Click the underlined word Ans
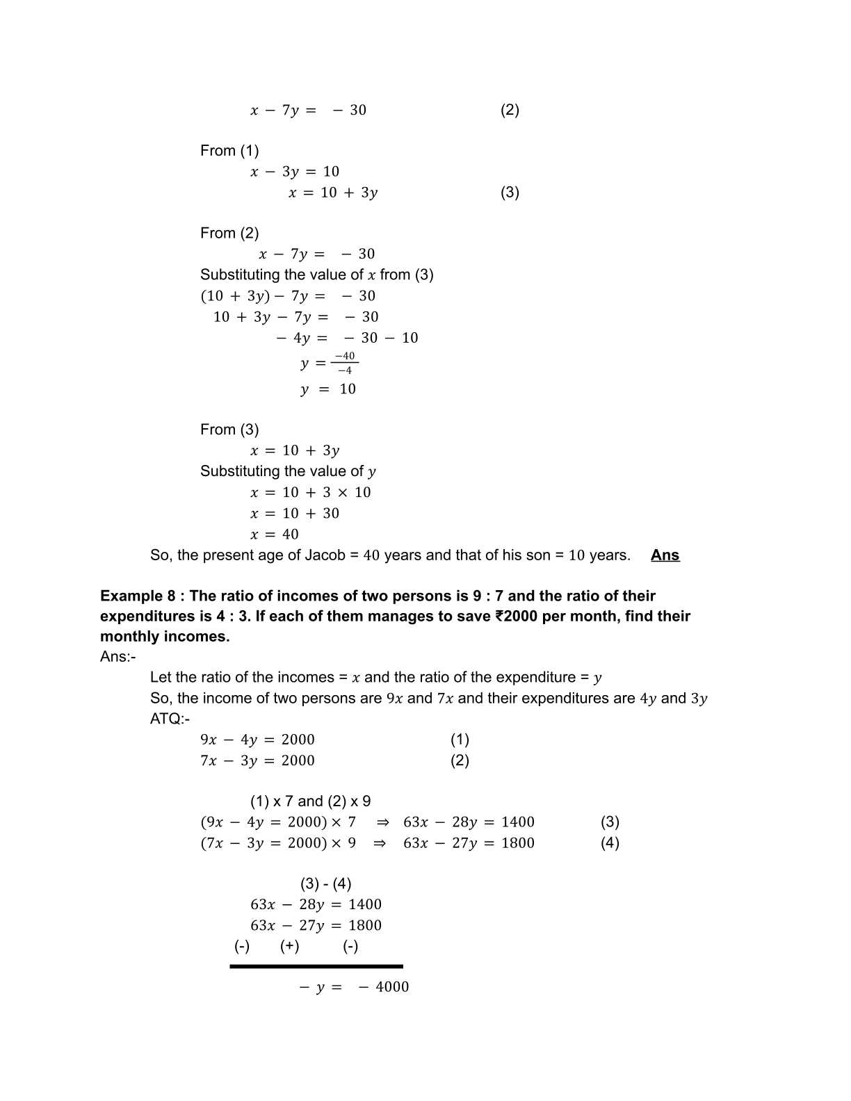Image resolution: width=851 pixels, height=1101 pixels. click(x=665, y=555)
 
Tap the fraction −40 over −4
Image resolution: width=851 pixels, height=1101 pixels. click(x=344, y=363)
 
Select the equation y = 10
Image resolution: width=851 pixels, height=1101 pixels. click(x=328, y=389)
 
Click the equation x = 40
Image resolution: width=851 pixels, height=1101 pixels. click(x=275, y=535)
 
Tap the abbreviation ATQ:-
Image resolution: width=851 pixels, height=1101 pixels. click(x=170, y=719)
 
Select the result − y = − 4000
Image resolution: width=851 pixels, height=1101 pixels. click(x=354, y=987)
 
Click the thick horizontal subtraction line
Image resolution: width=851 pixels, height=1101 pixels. click(x=316, y=966)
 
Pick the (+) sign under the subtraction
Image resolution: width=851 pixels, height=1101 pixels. click(x=290, y=946)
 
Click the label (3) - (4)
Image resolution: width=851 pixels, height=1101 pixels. click(x=325, y=883)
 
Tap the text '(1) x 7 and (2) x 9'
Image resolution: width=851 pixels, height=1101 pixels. click(x=310, y=801)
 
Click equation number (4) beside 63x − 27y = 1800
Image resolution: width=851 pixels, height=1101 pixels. click(x=610, y=843)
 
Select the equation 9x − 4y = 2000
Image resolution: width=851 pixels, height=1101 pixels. click(x=257, y=740)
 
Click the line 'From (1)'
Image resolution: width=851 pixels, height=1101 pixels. click(x=229, y=151)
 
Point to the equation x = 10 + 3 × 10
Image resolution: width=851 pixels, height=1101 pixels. click(x=311, y=493)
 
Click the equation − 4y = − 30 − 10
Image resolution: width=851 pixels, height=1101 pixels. click(x=347, y=338)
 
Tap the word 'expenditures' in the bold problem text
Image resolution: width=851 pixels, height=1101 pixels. click(x=146, y=617)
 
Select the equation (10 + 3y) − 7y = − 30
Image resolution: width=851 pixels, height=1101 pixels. click(x=288, y=296)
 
